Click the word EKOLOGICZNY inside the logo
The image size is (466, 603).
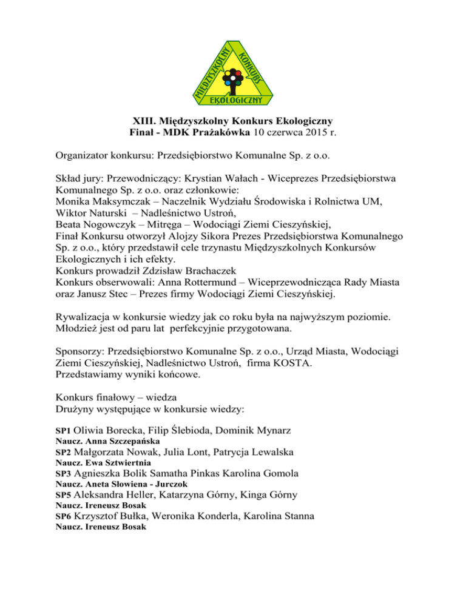tap(232, 99)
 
